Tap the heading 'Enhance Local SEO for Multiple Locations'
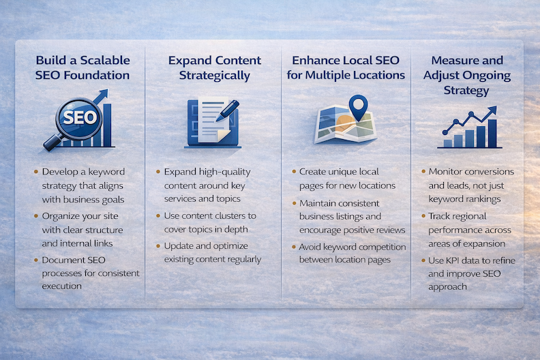[346, 68]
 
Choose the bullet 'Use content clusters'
[211, 222]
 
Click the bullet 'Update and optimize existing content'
[213, 252]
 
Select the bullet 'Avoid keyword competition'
[352, 253]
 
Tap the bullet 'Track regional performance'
[470, 229]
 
